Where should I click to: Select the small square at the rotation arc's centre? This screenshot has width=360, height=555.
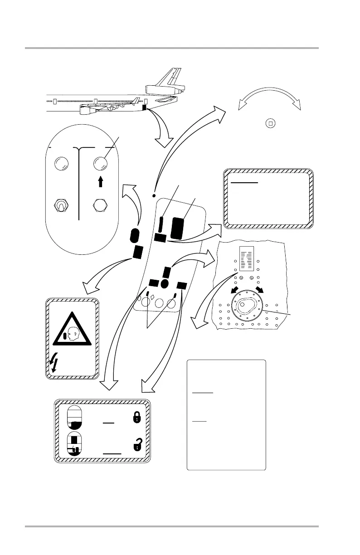tap(270, 123)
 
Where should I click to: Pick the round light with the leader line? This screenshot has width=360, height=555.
tap(100, 163)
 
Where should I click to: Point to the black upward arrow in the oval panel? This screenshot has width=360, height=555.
tap(101, 181)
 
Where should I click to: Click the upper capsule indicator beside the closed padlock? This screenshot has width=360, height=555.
tap(75, 418)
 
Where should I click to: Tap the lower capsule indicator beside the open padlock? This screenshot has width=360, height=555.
tap(75, 443)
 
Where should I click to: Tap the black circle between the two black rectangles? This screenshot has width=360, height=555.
tap(165, 283)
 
